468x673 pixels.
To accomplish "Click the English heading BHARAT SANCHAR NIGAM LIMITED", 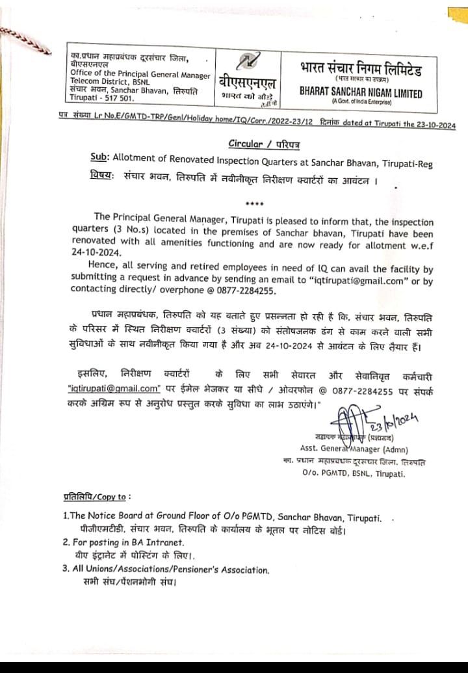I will (x=361, y=93).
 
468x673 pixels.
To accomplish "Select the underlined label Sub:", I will (x=99, y=157).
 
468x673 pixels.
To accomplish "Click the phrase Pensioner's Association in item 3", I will (x=218, y=570).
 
